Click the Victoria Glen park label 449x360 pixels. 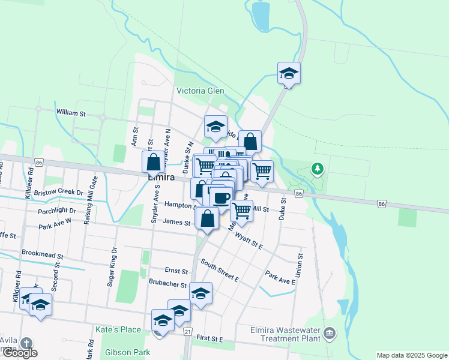tap(200, 91)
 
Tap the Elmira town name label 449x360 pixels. tap(161, 178)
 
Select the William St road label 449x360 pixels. tap(71, 113)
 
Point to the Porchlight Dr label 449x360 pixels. tap(56, 211)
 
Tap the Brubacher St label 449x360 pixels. tap(167, 286)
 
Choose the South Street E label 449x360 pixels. tap(220, 271)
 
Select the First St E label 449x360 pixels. tap(209, 339)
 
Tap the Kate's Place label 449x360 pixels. tap(118, 329)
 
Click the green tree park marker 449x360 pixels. tap(317, 169)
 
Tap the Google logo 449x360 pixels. tap(20, 353)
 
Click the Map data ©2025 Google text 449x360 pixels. tap(411, 355)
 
